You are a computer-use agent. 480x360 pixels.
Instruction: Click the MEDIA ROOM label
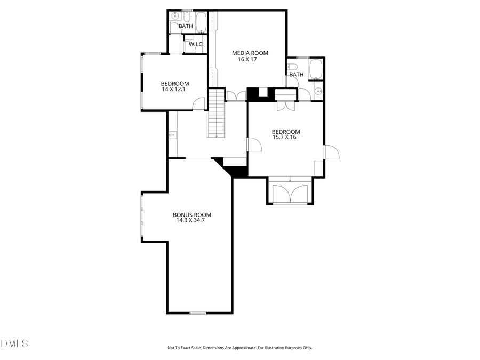(x=250, y=53)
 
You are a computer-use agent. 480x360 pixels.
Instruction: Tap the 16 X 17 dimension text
(x=247, y=59)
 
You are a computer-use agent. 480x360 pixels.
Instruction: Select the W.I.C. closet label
(x=196, y=44)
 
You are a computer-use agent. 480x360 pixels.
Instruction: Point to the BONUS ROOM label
(x=188, y=215)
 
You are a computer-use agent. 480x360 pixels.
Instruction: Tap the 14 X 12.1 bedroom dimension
(x=175, y=90)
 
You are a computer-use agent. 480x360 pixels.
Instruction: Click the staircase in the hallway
(x=217, y=115)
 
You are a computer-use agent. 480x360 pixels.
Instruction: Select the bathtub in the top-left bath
(x=201, y=23)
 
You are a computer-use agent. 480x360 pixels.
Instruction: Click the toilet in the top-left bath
(x=175, y=27)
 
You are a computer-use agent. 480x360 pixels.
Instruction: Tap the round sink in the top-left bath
(x=175, y=17)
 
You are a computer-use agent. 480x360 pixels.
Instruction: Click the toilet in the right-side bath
(x=291, y=67)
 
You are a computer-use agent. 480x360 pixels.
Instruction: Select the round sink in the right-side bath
(x=318, y=92)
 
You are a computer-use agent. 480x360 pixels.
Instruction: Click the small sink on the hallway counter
(x=172, y=135)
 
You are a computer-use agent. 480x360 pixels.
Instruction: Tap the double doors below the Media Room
(x=236, y=97)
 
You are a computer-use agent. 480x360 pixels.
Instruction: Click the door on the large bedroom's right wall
(x=331, y=152)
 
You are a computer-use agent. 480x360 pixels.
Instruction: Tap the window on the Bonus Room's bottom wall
(x=198, y=313)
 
